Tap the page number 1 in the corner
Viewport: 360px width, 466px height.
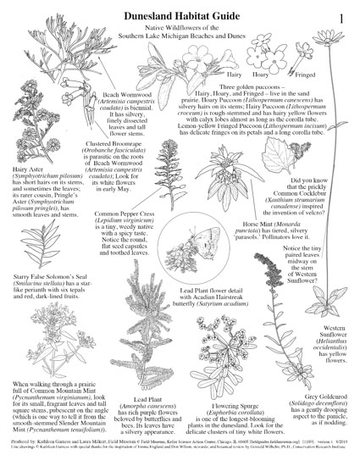click(340, 16)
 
